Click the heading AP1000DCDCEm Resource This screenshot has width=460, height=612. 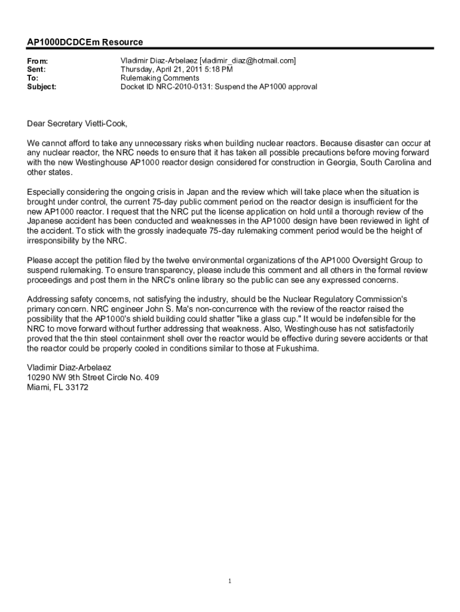[85, 42]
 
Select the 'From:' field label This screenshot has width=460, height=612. [38, 62]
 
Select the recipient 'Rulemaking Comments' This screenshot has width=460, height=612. [160, 78]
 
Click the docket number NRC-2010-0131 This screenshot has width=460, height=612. [185, 87]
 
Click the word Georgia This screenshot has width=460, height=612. [335, 163]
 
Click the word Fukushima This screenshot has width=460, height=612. [299, 348]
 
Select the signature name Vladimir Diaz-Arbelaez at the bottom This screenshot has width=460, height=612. [69, 368]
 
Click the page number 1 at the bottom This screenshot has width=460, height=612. [230, 581]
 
